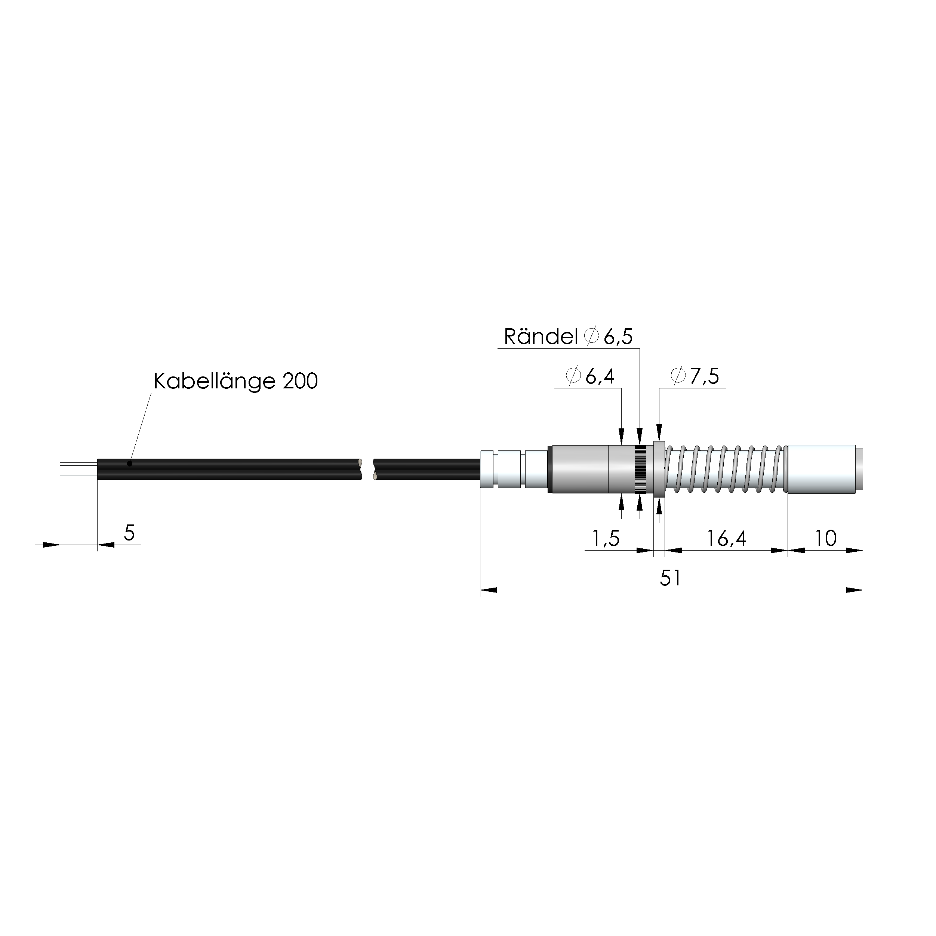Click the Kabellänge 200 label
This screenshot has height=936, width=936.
[235, 381]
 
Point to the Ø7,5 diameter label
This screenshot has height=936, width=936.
[695, 376]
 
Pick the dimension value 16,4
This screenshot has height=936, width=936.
[726, 538]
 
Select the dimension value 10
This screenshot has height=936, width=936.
[825, 538]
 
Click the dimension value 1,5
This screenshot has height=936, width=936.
[606, 538]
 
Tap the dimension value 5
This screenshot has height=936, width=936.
[129, 533]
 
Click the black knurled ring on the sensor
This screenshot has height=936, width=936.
[640, 469]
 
